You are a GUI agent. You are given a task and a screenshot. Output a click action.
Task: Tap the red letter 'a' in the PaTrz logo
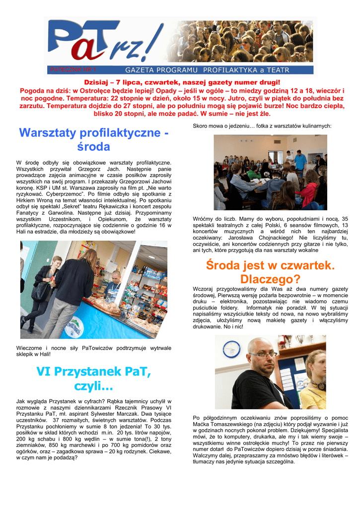pyautogui.click(x=94, y=48)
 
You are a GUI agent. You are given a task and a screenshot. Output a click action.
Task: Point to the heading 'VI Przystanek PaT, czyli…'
pyautogui.click(x=93, y=378)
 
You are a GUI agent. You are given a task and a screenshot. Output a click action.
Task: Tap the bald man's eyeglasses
pyautogui.click(x=263, y=354)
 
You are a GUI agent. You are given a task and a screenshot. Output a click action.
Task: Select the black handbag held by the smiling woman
pyautogui.click(x=41, y=290)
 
